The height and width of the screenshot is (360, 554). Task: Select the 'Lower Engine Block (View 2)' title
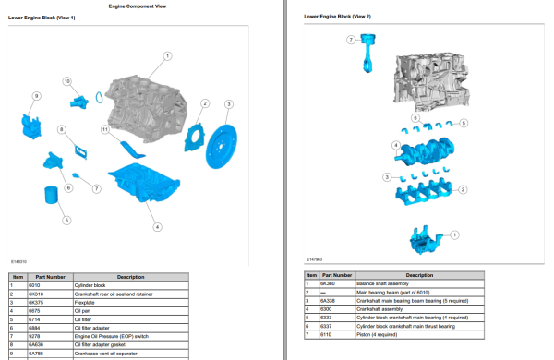click(x=337, y=17)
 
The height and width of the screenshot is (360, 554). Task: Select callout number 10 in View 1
click(x=66, y=81)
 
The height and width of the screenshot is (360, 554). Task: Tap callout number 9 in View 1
click(x=36, y=96)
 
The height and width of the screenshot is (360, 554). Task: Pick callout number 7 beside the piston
click(x=351, y=40)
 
